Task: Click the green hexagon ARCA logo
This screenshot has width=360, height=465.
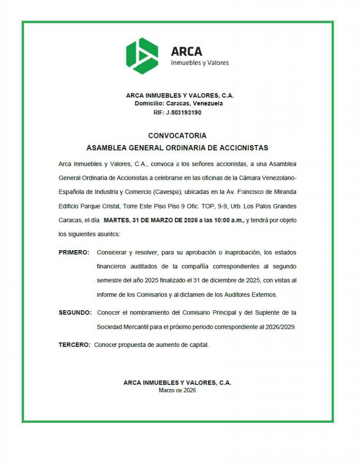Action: (x=142, y=55)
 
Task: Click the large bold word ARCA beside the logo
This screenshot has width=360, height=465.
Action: (x=186, y=52)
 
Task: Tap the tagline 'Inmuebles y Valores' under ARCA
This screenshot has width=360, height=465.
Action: (x=200, y=63)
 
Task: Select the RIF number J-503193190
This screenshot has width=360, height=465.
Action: (x=184, y=112)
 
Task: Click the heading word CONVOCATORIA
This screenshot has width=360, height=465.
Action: (x=177, y=136)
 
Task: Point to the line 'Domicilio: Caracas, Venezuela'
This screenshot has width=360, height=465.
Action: (x=179, y=104)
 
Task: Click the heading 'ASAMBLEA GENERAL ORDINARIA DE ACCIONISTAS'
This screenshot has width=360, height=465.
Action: (x=177, y=148)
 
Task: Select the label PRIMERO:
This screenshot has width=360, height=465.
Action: (x=74, y=252)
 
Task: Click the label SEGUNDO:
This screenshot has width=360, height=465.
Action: (x=75, y=313)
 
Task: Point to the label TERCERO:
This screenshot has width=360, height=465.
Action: (x=75, y=345)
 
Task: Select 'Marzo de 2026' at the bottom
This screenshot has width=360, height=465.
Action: (x=177, y=390)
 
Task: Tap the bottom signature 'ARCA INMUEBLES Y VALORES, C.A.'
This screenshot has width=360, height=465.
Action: (x=177, y=383)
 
